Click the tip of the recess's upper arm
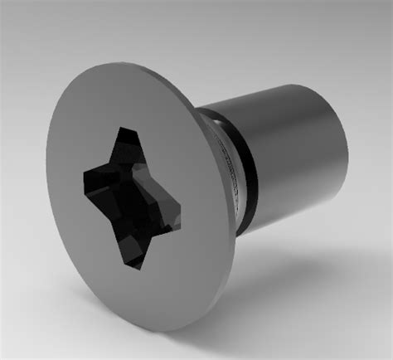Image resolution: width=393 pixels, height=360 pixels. [x=127, y=132]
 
